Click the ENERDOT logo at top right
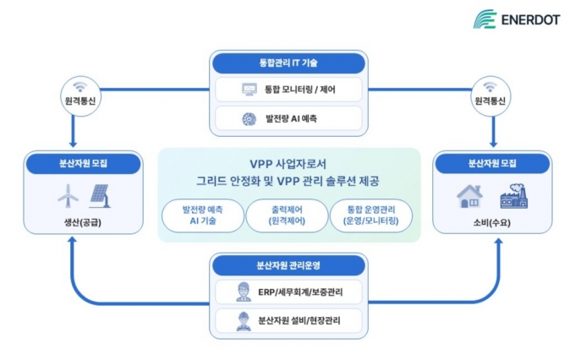(517, 19)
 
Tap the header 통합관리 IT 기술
(288, 63)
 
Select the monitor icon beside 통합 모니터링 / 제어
(249, 90)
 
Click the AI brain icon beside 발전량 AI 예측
(249, 119)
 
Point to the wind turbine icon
(68, 196)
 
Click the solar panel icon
(100, 196)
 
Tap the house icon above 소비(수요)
(469, 196)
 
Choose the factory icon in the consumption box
(514, 196)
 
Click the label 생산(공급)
(83, 222)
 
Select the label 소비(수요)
(492, 222)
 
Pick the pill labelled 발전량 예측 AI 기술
(203, 215)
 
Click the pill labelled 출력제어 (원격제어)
(287, 215)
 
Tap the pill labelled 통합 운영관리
(371, 215)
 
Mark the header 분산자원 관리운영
(288, 265)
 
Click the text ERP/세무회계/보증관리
(300, 292)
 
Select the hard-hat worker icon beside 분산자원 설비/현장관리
(244, 321)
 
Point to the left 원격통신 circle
(80, 96)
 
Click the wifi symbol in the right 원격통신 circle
(490, 86)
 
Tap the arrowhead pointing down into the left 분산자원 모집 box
(73, 144)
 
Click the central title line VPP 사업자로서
(287, 164)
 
